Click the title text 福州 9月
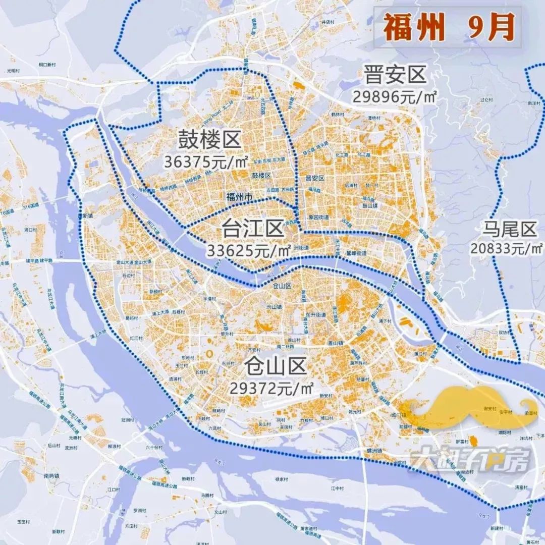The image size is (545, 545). [448, 27]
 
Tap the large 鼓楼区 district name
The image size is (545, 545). [209, 140]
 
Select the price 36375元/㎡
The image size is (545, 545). [206, 162]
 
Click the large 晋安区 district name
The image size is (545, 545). [395, 76]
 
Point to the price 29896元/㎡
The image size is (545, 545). [394, 96]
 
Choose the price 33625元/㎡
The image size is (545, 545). [249, 250]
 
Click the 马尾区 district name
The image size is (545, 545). [508, 230]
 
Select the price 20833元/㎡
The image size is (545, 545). [507, 248]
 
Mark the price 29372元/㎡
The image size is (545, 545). [272, 388]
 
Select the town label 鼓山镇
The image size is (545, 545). [370, 206]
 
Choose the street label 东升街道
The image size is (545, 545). [315, 315]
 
